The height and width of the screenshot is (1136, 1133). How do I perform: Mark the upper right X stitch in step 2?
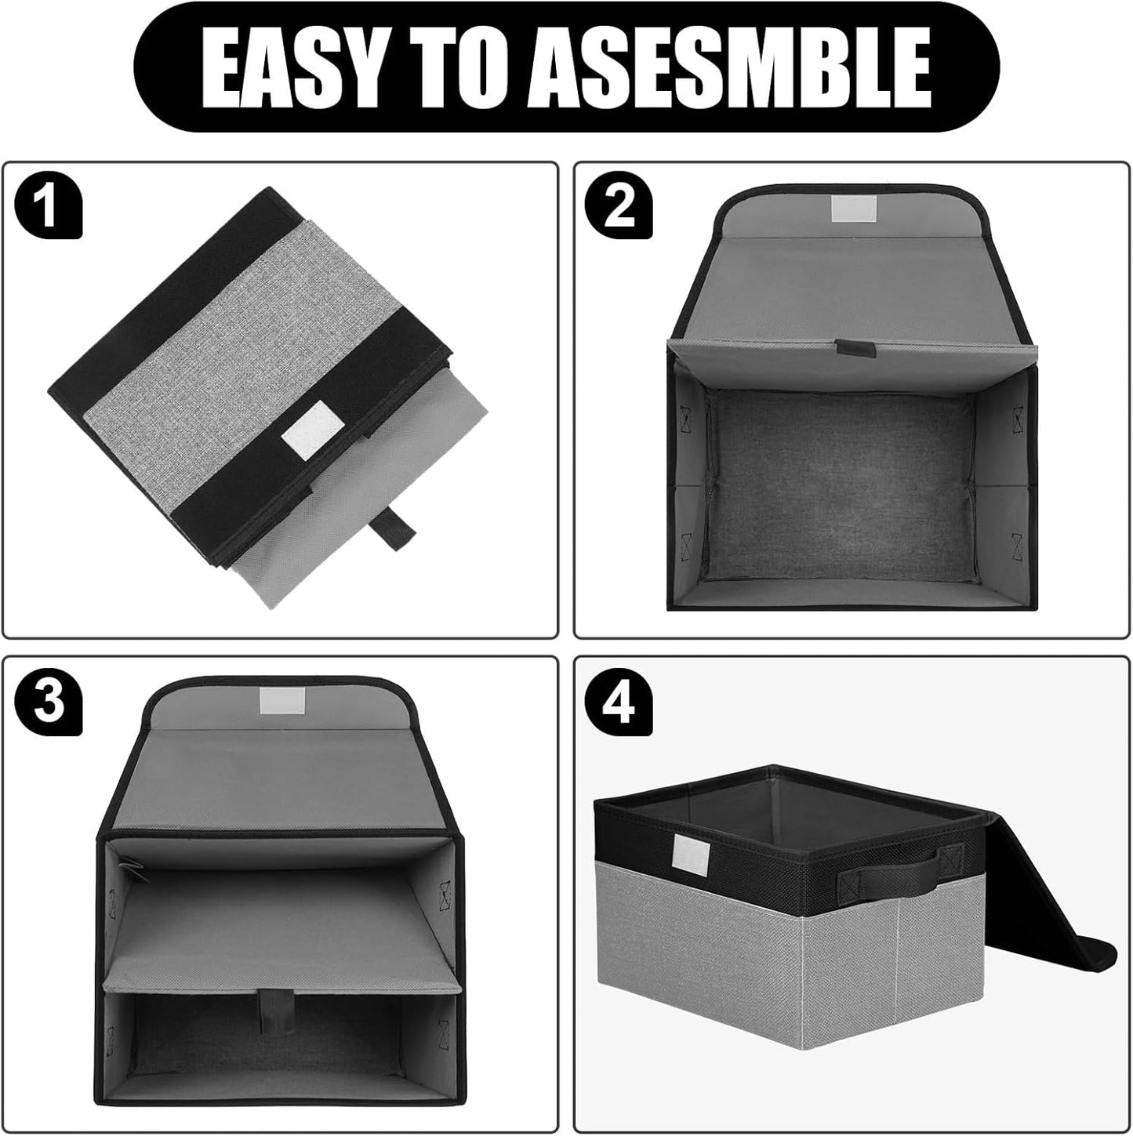[1019, 418]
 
